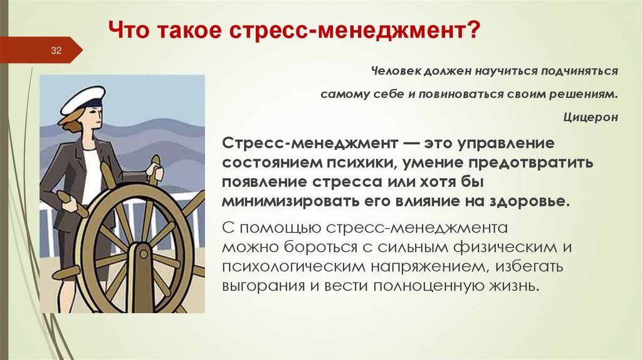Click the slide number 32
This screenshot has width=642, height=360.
tap(56, 51)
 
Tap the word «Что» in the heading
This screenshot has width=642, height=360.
tap(128, 29)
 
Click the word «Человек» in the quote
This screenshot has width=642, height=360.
tap(393, 71)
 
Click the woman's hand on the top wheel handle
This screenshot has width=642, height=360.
tap(153, 172)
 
